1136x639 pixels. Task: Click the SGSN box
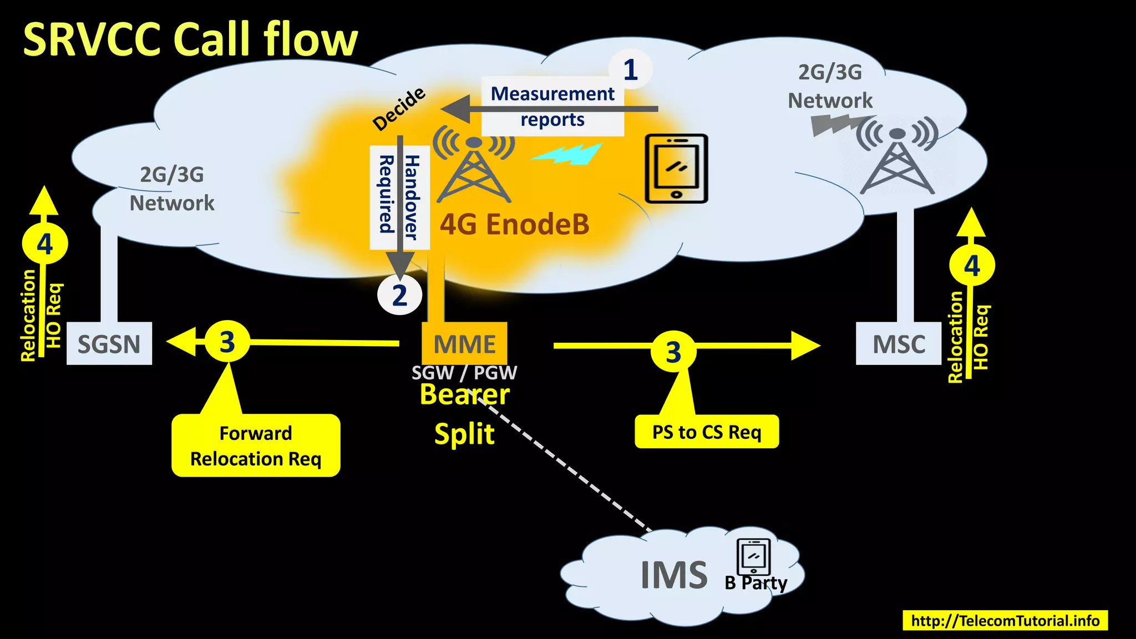coord(109,344)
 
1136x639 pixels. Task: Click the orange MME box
coord(465,344)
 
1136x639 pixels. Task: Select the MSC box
coord(899,344)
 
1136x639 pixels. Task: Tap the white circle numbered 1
coord(630,70)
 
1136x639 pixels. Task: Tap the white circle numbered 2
coord(399,295)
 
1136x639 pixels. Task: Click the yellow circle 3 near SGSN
coord(227,342)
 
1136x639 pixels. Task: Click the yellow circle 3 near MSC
coord(673,352)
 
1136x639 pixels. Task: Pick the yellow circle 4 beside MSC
coord(972,266)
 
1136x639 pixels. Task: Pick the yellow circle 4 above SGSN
coord(45,244)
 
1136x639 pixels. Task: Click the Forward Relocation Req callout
coord(256,445)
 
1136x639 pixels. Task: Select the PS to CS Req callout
coord(707,432)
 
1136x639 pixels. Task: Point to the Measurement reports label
coord(552,106)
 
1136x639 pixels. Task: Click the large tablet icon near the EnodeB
coord(677,169)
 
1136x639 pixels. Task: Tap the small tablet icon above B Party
coord(753,557)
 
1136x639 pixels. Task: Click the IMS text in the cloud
coord(674,575)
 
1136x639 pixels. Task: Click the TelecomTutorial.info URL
coord(1005,620)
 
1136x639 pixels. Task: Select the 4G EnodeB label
coord(514,225)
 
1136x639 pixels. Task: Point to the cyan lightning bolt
coord(567,154)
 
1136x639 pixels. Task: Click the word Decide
coord(399,109)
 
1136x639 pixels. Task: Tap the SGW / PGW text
coord(464,373)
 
